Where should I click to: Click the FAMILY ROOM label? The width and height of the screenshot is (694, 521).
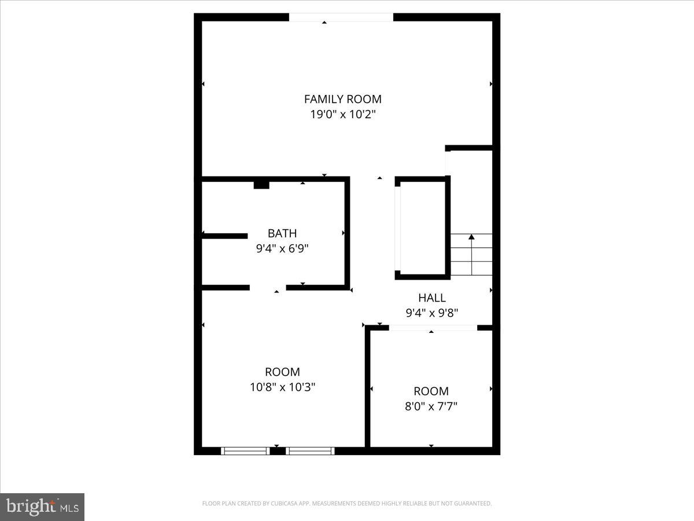click(343, 99)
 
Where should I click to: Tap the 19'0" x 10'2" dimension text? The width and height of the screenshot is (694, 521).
click(343, 114)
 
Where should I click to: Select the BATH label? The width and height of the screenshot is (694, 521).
click(282, 233)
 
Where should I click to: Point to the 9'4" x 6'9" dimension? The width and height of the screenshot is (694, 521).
click(282, 248)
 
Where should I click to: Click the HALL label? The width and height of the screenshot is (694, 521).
click(432, 298)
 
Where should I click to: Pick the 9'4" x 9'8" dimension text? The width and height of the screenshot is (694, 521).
click(432, 313)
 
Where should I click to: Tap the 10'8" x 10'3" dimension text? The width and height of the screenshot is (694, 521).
click(282, 387)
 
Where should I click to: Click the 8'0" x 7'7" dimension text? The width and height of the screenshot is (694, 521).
click(431, 406)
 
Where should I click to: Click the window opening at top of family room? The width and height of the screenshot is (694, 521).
click(341, 17)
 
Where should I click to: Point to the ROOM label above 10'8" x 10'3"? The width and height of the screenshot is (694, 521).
click(282, 372)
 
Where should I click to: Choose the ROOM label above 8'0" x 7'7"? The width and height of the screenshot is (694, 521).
click(431, 391)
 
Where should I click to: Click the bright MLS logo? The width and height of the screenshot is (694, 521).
click(42, 507)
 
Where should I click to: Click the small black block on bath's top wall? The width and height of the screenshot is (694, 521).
click(261, 185)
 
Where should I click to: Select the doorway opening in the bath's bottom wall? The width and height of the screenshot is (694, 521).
click(268, 287)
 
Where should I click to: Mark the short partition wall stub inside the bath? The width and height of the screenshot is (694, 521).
click(225, 236)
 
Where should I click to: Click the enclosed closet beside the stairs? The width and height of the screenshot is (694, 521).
click(423, 228)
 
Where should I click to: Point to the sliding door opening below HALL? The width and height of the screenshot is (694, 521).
click(433, 328)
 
